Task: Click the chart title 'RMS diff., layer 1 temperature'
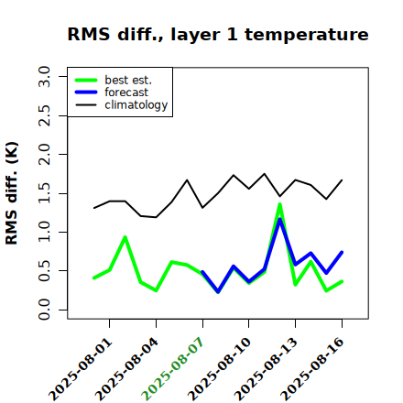tap(218, 35)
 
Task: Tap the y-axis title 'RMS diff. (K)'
tap(12, 193)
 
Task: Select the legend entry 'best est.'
tap(128, 80)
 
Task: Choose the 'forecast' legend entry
tap(126, 93)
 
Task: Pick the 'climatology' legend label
tap(136, 105)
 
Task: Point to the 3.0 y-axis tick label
tap(44, 76)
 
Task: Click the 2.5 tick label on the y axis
tap(44, 115)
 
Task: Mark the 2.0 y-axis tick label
tap(44, 155)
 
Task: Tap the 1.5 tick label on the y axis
tap(44, 193)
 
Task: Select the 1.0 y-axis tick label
tap(44, 232)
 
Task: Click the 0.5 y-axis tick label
tap(44, 271)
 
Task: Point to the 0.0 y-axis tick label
tap(44, 310)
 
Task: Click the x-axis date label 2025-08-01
tap(81, 369)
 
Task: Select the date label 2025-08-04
tap(127, 369)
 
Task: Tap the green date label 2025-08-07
tap(173, 369)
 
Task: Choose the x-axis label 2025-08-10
tap(220, 369)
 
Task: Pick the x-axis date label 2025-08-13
tap(267, 369)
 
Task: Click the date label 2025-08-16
tap(312, 369)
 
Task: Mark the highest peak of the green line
tap(279, 204)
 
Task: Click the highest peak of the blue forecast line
tap(279, 220)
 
